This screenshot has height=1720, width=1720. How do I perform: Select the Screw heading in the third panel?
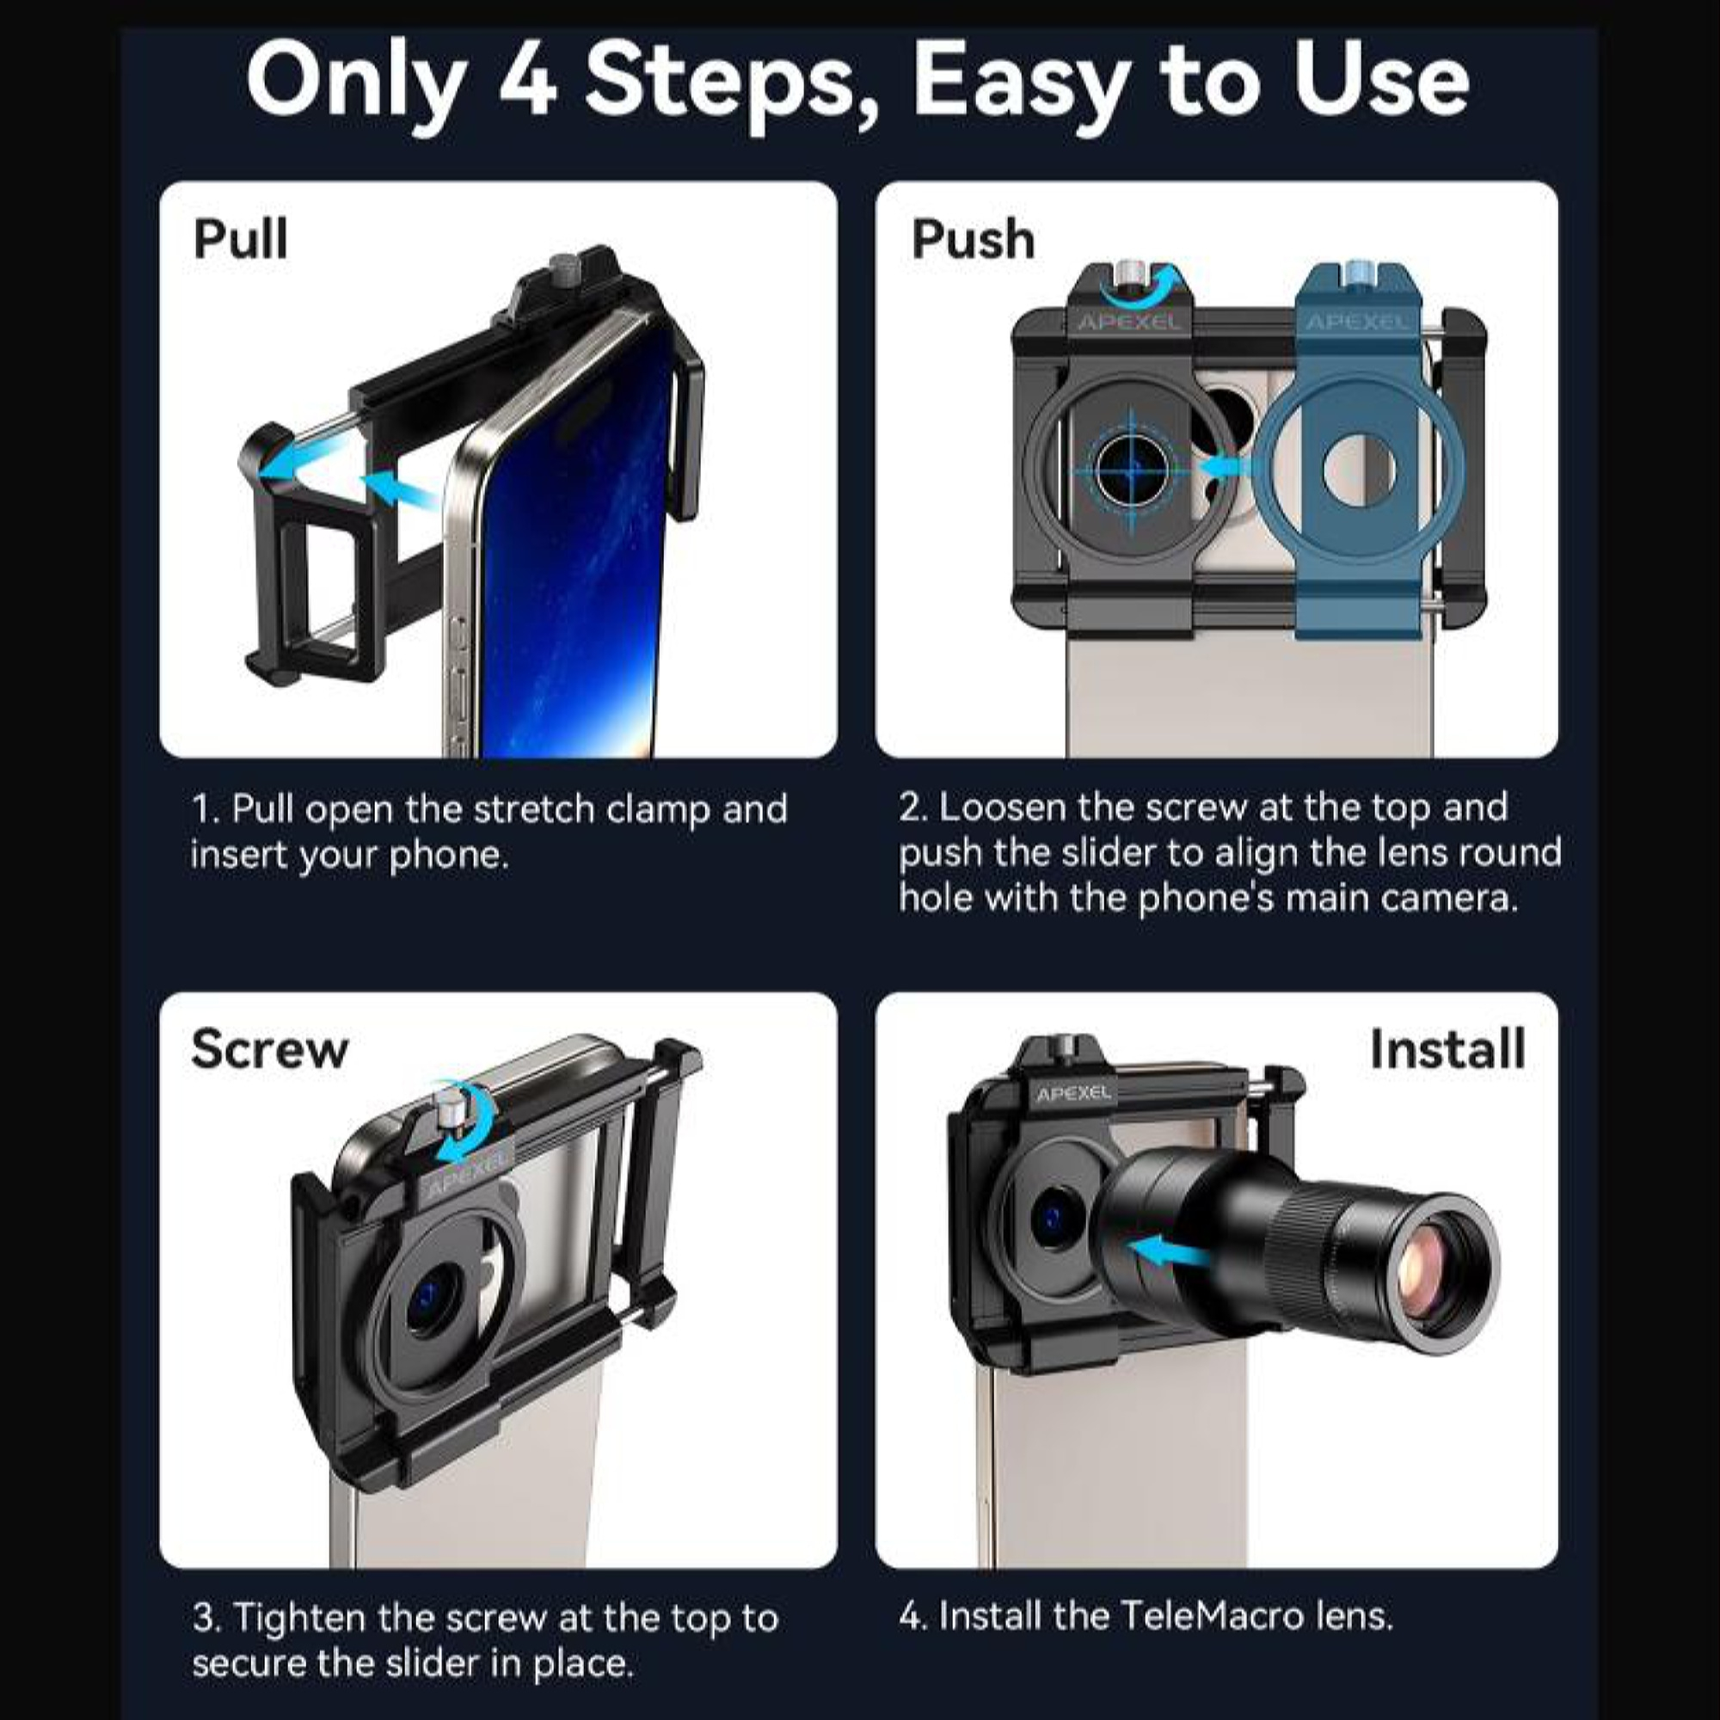pyautogui.click(x=269, y=1048)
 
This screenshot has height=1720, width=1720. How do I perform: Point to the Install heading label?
pyautogui.click(x=1447, y=1048)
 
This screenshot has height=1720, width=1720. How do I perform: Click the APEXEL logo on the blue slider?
pyautogui.click(x=1357, y=322)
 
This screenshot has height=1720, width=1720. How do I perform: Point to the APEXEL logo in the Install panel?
pyautogui.click(x=1073, y=1092)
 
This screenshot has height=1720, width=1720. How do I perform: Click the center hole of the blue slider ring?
pyautogui.click(x=1360, y=470)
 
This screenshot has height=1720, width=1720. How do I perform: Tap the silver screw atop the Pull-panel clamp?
pyautogui.click(x=562, y=268)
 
